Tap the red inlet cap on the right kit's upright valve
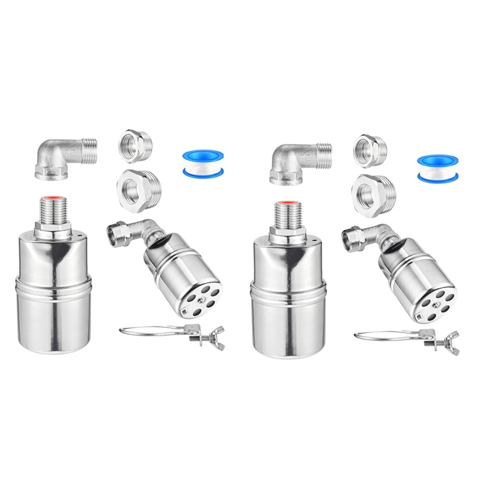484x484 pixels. pos(289,202)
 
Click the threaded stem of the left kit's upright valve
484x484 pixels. pos(54,213)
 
